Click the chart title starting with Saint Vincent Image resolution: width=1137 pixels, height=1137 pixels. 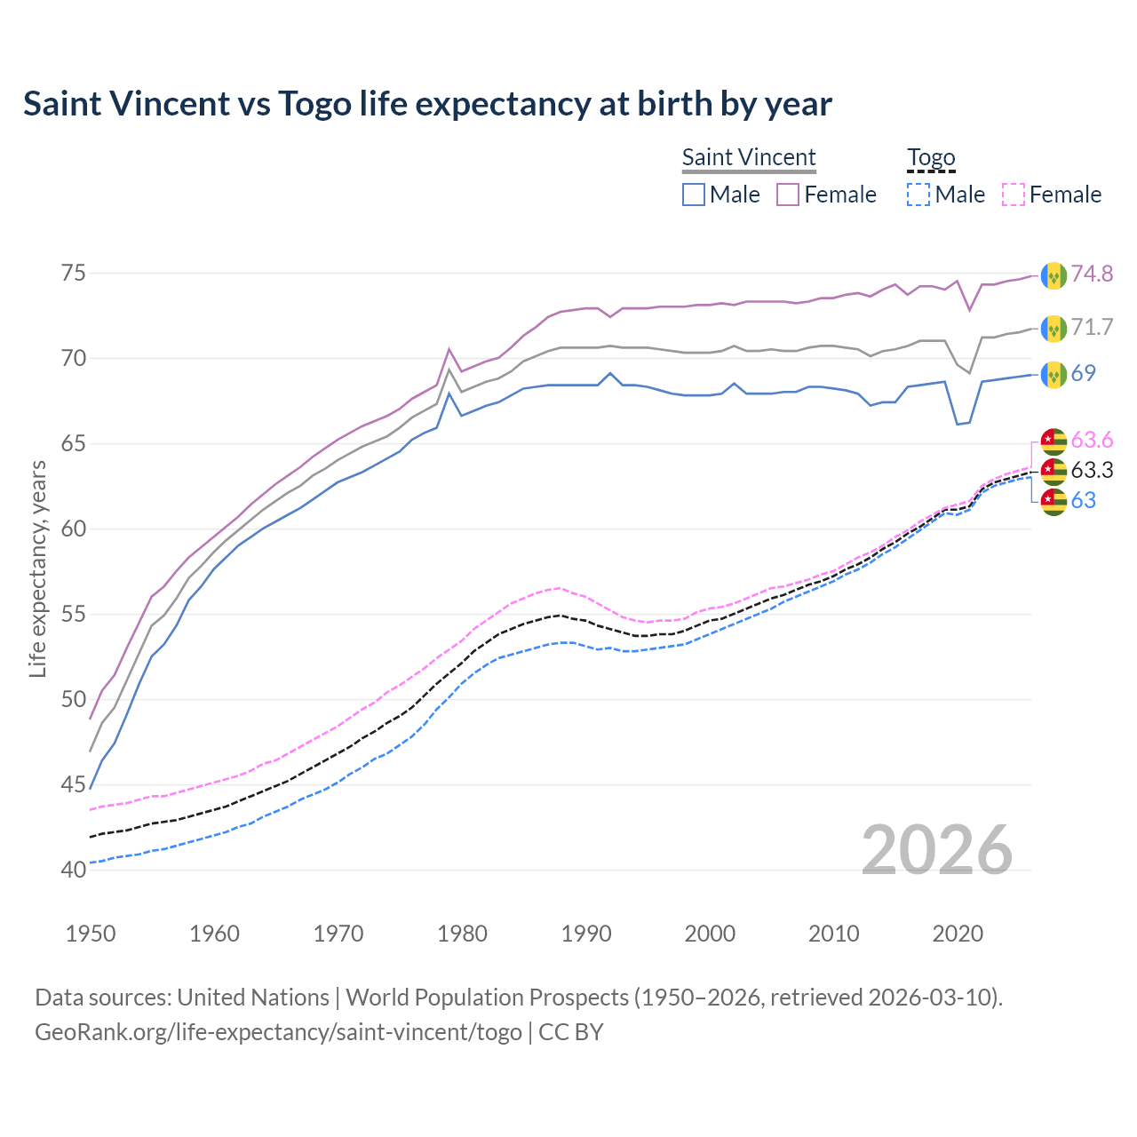pos(427,104)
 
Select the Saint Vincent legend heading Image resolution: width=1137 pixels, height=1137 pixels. pos(748,157)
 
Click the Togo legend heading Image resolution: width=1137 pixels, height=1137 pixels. pos(930,157)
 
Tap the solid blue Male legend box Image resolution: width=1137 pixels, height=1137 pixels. pos(694,195)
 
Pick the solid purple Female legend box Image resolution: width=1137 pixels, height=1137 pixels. pos(788,195)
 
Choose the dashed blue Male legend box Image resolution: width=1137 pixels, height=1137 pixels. pos(918,195)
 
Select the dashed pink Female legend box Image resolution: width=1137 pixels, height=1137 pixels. pos(1014,195)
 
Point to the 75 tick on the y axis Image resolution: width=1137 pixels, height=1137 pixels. pos(74,273)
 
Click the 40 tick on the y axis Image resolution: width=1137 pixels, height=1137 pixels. pos(74,870)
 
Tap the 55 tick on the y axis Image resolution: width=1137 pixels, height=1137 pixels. pos(74,614)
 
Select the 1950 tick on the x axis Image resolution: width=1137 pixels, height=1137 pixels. pos(91,934)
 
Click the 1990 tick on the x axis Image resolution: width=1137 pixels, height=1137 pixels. pos(586,934)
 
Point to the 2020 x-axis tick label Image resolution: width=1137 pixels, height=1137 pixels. pos(958,934)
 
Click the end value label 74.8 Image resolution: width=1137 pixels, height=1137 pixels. pos(1092,274)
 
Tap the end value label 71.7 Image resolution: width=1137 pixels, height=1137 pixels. pos(1092,327)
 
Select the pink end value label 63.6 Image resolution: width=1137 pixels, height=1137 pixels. pos(1092,440)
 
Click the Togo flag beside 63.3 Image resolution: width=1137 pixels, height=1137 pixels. pos(1054,470)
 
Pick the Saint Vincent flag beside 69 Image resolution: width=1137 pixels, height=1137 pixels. pos(1054,374)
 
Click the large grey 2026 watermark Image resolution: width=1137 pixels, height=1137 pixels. pos(936,850)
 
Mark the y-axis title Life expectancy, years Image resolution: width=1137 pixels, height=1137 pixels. pos(37,568)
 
